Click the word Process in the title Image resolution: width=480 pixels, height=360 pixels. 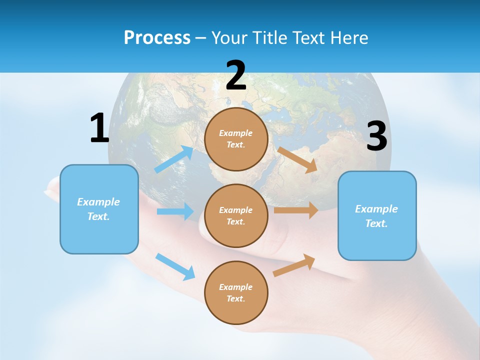click(x=157, y=38)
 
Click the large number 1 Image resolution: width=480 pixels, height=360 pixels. click(x=99, y=128)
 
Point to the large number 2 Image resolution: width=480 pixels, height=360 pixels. click(x=236, y=75)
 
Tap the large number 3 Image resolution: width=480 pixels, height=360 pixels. click(x=376, y=136)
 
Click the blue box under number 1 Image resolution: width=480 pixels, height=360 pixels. click(x=99, y=209)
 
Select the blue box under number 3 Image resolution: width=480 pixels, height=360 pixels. click(x=377, y=215)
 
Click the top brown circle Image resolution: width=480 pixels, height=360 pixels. click(x=236, y=139)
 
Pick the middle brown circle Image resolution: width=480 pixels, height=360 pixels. click(x=236, y=215)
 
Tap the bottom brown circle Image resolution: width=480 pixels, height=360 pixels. click(x=236, y=292)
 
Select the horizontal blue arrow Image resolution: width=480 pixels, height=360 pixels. click(x=175, y=211)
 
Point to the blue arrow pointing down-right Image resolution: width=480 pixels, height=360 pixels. click(x=175, y=266)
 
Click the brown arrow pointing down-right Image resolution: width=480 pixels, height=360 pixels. click(x=297, y=159)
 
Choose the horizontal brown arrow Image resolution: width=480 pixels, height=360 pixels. click(x=296, y=210)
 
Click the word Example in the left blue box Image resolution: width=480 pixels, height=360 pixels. click(x=98, y=202)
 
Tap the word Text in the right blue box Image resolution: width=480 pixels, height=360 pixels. click(x=376, y=223)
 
